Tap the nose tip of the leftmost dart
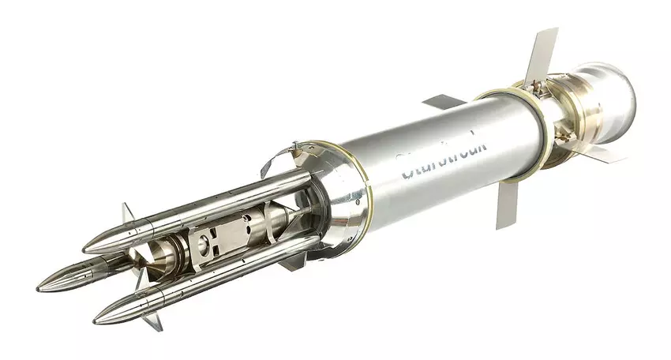[x=39, y=287]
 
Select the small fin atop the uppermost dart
[x=128, y=213]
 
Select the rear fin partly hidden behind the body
[x=443, y=102]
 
